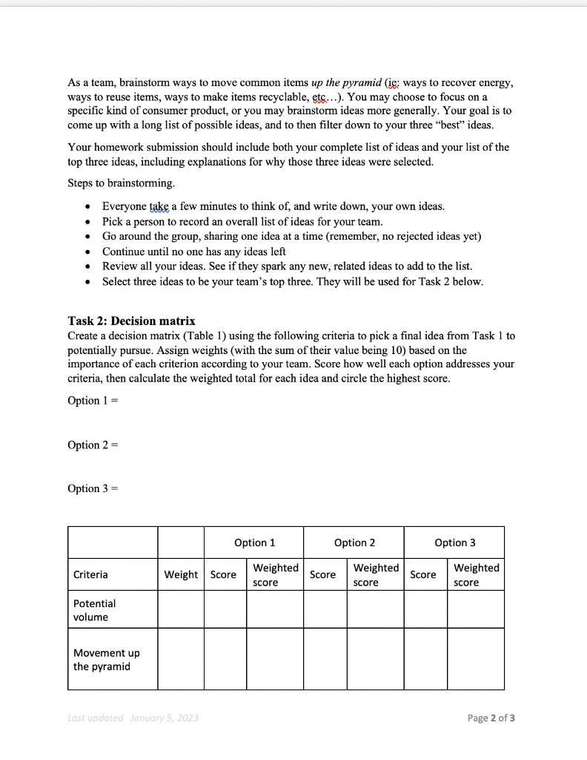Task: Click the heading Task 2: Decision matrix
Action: [x=131, y=321]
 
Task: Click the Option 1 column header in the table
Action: [x=254, y=543]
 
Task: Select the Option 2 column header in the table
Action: [x=354, y=543]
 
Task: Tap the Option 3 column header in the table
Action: [x=455, y=543]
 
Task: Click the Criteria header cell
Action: [x=90, y=574]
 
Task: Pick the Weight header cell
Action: [x=181, y=574]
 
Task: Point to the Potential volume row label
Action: [x=94, y=610]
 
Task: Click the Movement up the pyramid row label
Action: [x=106, y=659]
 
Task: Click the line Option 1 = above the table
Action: [x=93, y=401]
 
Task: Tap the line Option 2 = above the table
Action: [x=93, y=445]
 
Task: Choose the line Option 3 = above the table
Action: [x=93, y=488]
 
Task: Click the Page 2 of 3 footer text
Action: [x=491, y=718]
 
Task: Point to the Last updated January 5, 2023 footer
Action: [x=133, y=718]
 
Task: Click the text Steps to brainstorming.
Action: [x=122, y=183]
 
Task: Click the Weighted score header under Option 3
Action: [x=476, y=574]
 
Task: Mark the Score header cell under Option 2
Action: [x=323, y=574]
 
